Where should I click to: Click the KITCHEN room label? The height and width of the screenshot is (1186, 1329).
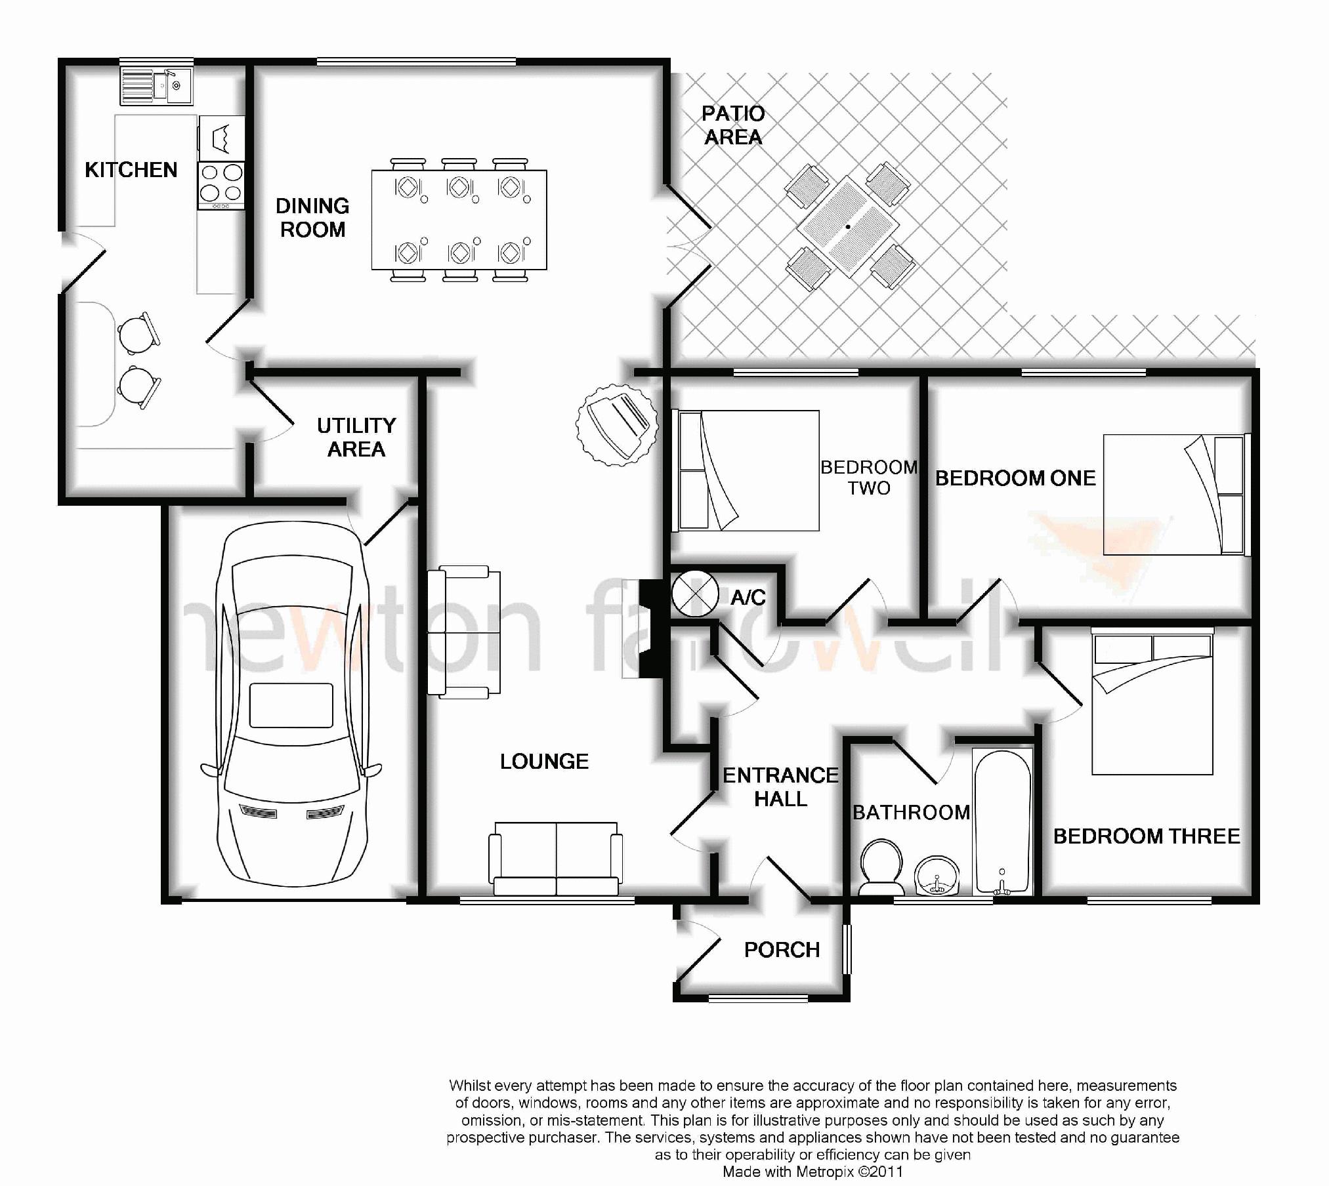point(131,170)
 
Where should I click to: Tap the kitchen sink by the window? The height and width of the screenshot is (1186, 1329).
point(156,86)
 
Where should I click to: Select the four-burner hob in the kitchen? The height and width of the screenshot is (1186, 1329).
point(221,186)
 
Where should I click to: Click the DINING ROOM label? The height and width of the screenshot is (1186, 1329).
point(312,218)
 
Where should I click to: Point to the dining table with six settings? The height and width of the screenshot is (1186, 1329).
point(459,220)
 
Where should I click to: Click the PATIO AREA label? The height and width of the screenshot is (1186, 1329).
point(733,125)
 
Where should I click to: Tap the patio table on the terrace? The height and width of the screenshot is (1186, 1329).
point(848,226)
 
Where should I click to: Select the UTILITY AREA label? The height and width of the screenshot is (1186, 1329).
point(356,438)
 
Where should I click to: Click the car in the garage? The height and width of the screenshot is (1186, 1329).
point(291,702)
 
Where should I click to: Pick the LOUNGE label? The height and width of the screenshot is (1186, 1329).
point(544,762)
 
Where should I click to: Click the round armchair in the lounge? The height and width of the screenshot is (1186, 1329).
point(616,424)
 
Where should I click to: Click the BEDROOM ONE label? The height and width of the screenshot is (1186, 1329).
point(1015,478)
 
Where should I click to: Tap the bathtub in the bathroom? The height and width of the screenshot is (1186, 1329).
point(1002,822)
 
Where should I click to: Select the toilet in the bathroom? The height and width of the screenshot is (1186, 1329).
point(881,867)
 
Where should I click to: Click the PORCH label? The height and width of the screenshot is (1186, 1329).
point(782,950)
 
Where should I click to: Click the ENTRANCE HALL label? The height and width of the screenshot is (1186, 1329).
point(780,787)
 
